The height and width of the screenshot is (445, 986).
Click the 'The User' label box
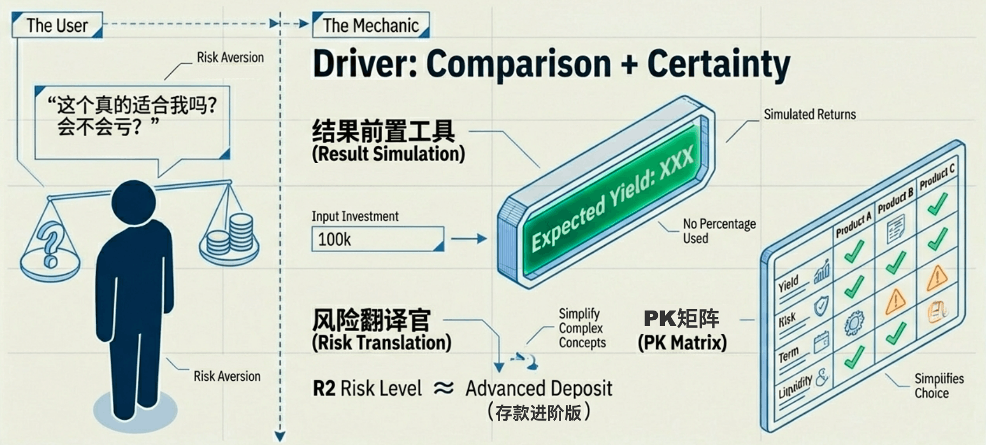(x=57, y=25)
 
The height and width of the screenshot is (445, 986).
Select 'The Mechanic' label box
(x=371, y=25)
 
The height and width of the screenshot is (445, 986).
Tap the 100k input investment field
(x=377, y=239)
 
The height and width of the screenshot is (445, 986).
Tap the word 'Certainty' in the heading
(x=718, y=64)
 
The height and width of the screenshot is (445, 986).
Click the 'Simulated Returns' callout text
(x=809, y=114)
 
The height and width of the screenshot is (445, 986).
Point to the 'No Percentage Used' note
(x=718, y=231)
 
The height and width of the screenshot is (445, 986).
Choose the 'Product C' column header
(x=937, y=176)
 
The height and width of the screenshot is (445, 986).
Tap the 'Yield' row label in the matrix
(x=788, y=284)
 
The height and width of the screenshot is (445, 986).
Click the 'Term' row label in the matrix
(x=788, y=355)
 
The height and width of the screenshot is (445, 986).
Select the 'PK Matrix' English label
(x=682, y=342)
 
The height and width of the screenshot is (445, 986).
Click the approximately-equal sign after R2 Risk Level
(x=443, y=388)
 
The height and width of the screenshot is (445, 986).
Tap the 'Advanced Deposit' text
(x=538, y=388)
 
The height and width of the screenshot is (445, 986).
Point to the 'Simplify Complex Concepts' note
(x=582, y=328)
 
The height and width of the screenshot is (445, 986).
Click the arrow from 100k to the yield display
(x=469, y=239)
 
